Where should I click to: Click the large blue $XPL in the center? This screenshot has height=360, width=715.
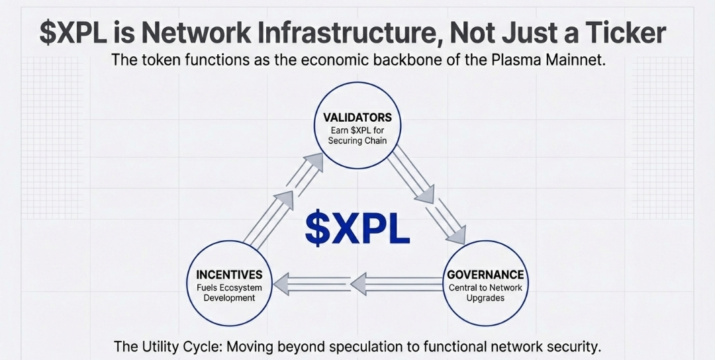tap(357, 228)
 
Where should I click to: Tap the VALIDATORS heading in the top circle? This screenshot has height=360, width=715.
tap(357, 117)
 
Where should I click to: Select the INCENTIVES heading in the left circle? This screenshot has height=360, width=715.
tap(229, 274)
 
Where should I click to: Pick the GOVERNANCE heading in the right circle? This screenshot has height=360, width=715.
tap(485, 274)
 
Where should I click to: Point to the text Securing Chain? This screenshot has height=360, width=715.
tap(358, 141)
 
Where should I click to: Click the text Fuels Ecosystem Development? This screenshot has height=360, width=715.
tap(229, 292)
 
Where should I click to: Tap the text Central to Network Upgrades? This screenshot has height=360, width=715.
tap(485, 292)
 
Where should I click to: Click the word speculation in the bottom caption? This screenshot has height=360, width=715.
tap(343, 347)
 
